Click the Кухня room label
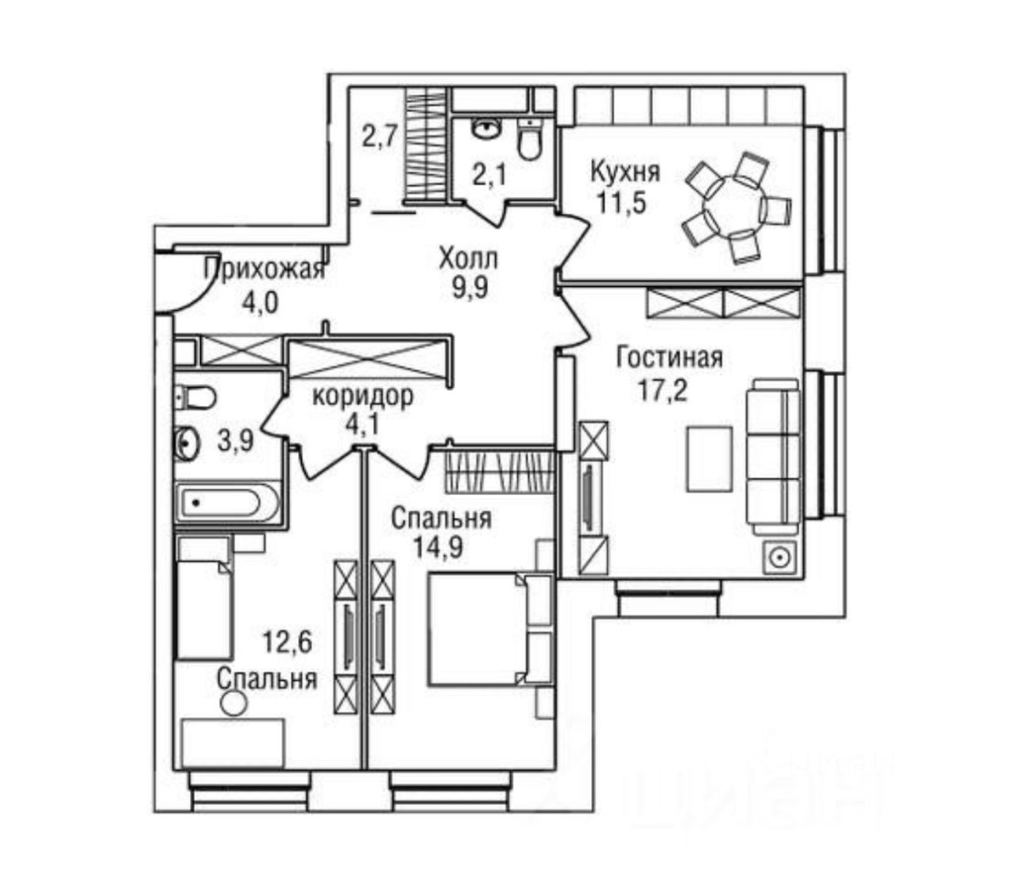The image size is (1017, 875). pyautogui.click(x=625, y=171)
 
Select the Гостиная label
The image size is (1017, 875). pyautogui.click(x=670, y=358)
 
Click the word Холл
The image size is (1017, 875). pyautogui.click(x=468, y=258)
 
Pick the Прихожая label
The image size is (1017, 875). pyautogui.click(x=265, y=270)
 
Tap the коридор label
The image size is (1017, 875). pyautogui.click(x=362, y=395)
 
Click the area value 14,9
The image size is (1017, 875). pyautogui.click(x=439, y=549)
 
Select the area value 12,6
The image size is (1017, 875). pyautogui.click(x=288, y=641)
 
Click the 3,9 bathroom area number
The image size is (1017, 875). pyautogui.click(x=235, y=439)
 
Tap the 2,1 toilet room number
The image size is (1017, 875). pyautogui.click(x=489, y=174)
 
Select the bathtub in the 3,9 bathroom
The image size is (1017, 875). pyautogui.click(x=227, y=504)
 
